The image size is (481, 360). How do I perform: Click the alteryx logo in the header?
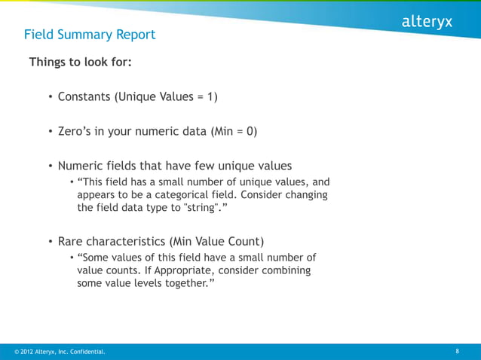click(426, 22)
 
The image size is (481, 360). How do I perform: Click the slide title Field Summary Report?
click(90, 35)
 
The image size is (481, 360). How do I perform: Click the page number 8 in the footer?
click(458, 351)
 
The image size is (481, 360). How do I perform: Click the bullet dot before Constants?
click(51, 97)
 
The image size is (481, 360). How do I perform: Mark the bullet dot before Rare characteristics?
click(51, 242)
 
